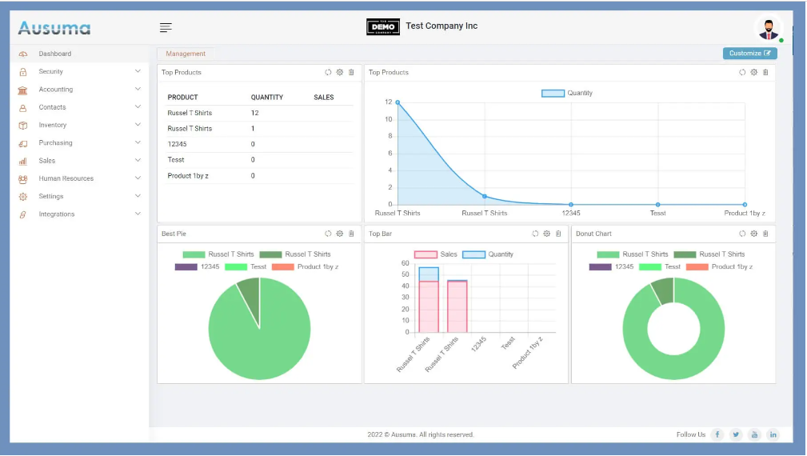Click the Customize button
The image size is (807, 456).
pos(749,54)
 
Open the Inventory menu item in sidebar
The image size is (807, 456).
pos(53,125)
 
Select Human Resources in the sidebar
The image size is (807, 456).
pos(66,178)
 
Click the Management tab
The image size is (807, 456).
pos(186,54)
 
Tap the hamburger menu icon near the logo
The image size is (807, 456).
pos(166,28)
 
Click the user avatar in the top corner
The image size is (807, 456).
pos(769,28)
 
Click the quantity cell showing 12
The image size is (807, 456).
pos(254,113)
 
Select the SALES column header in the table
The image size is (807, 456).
pos(324,98)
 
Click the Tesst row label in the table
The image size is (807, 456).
pos(176,160)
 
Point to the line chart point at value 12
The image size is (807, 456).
pos(398,102)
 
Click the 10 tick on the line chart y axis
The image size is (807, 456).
pos(389,119)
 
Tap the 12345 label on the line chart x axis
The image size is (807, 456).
pos(571,213)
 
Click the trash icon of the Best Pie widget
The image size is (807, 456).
pos(351,234)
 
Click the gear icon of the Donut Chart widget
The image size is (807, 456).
pos(753,234)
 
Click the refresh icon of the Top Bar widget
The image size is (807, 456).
pos(535,234)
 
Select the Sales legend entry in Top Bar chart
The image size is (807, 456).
pos(437,254)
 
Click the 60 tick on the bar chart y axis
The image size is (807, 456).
pos(405,263)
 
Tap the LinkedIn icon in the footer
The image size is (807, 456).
pos(773,434)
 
